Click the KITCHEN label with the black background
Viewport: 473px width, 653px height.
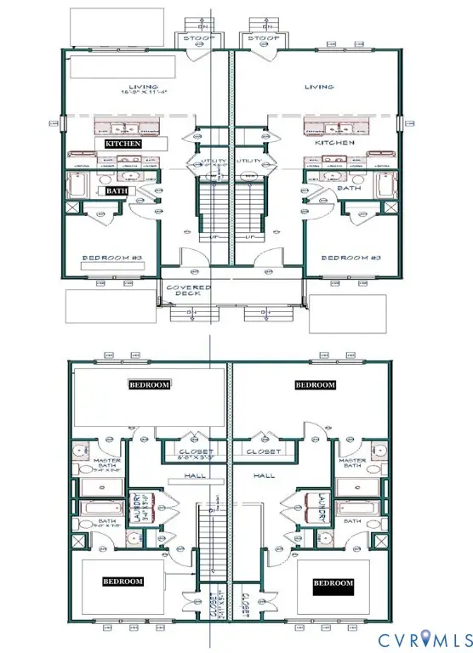[123, 144]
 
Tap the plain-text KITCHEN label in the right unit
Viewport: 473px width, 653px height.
[334, 144]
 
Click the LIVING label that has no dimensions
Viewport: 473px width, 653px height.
[320, 86]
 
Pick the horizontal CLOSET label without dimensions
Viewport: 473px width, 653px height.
[263, 451]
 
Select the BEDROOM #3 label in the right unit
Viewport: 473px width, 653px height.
[349, 257]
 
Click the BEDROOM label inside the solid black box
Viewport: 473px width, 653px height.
[333, 583]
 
